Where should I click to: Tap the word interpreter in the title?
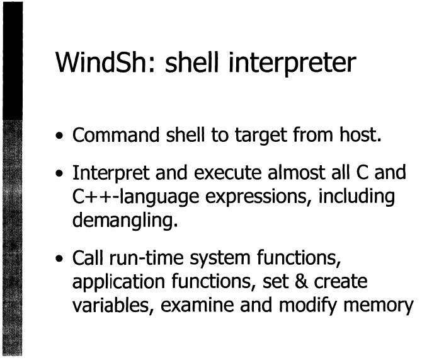pos(292,64)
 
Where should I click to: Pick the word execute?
pos(227,173)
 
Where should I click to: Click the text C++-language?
pos(135,197)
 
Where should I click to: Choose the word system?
pos(220,260)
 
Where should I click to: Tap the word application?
pos(118,282)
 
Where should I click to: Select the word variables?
pos(111,305)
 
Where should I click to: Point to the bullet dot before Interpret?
pos(59,173)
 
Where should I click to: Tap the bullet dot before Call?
pos(59,258)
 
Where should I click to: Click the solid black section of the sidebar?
pos(13,61)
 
